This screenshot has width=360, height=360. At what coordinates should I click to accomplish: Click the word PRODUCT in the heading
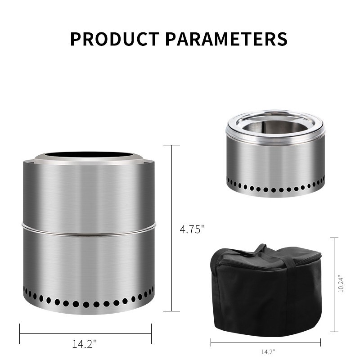[114, 39]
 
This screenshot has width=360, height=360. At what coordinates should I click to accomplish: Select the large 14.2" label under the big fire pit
[85, 344]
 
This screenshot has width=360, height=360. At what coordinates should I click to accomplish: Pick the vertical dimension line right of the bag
[334, 284]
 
